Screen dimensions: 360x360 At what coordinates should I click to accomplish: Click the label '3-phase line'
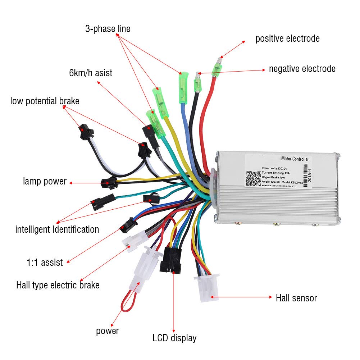pos(108,29)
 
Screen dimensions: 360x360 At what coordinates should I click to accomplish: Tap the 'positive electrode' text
pos(287,38)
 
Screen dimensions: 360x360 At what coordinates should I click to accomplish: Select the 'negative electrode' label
pos(302,69)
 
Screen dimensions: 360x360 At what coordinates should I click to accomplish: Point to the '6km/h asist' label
pos(91,73)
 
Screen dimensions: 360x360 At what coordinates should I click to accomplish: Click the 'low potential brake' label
pos(45,101)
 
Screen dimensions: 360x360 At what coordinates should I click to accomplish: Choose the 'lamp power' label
pos(45,181)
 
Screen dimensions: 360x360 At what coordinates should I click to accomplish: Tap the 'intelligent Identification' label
pos(57,229)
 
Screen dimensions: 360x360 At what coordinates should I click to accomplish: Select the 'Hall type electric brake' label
pos(58,286)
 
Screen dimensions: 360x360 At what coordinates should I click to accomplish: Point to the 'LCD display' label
pos(174,338)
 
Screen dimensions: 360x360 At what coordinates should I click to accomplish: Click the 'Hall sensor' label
pos(296,298)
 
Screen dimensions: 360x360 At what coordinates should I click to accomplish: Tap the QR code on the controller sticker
pos(254,178)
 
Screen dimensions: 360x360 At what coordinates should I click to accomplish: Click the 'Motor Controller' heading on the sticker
pos(294,159)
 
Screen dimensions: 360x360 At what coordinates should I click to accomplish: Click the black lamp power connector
pos(109,183)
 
